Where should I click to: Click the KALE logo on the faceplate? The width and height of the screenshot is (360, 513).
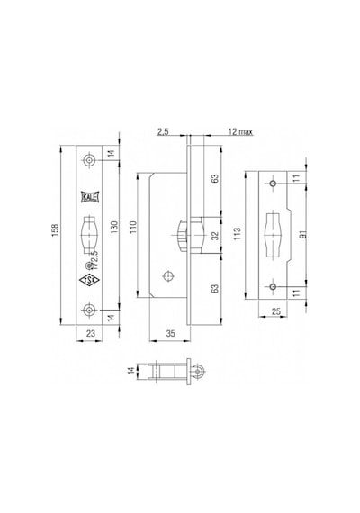click(x=89, y=197)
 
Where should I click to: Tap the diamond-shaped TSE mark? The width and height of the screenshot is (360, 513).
click(x=89, y=280)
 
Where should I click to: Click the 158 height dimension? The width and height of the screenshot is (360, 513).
click(x=55, y=230)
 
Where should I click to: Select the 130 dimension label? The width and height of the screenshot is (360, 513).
click(x=114, y=227)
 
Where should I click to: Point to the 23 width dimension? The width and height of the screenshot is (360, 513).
click(x=90, y=333)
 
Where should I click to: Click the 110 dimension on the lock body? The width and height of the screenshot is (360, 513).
click(x=133, y=227)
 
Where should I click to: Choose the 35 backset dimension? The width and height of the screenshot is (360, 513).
click(x=170, y=333)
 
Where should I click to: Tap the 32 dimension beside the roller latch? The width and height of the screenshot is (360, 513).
click(x=215, y=236)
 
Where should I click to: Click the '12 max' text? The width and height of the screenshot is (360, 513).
click(x=240, y=131)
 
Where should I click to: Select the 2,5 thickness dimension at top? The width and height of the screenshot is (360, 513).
click(x=163, y=131)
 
